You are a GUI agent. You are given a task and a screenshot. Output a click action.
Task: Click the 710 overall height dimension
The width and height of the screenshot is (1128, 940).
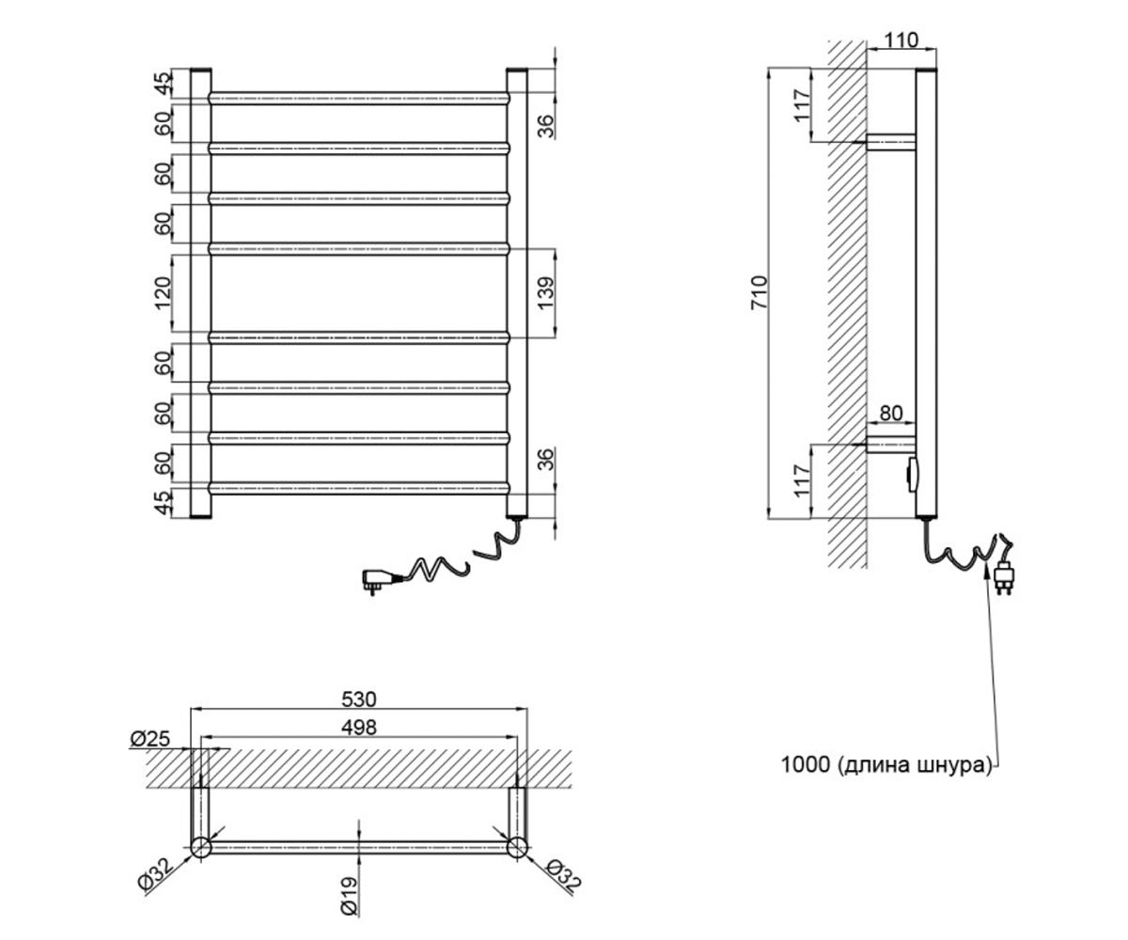click(759, 292)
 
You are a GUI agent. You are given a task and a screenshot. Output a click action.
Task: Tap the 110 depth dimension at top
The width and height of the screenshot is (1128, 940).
click(901, 40)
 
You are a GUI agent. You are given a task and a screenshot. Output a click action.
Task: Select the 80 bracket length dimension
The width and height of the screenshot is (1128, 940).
click(891, 414)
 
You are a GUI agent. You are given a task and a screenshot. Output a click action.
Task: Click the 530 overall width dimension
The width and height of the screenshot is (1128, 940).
click(359, 699)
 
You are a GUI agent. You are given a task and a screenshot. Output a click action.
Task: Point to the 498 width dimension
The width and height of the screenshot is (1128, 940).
click(359, 728)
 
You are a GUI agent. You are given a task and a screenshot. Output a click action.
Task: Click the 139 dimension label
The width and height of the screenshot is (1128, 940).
click(546, 292)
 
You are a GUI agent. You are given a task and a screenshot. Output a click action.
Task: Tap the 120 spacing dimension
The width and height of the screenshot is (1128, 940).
click(163, 292)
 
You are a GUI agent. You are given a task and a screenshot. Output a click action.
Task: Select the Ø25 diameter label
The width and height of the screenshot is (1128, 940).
click(150, 739)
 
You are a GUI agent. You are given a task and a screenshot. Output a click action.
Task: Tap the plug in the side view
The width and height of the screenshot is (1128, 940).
click(1004, 576)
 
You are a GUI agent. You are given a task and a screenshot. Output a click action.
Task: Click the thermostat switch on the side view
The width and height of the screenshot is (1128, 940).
click(912, 475)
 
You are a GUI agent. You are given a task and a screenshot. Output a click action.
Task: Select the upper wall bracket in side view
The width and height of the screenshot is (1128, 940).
click(891, 142)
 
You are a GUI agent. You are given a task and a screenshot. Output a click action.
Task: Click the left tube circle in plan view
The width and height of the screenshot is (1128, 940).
click(200, 847)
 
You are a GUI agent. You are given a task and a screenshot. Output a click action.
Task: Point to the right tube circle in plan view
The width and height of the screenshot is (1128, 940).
click(517, 847)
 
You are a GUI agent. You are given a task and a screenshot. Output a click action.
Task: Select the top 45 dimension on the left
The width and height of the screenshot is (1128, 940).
click(163, 84)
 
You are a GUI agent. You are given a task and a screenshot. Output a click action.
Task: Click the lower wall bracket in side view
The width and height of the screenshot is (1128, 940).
click(891, 445)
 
